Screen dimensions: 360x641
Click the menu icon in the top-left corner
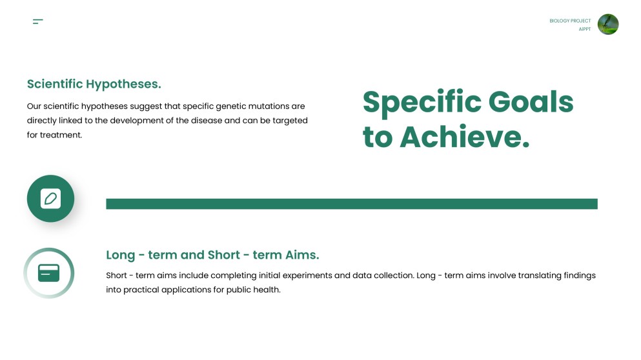point(38,21)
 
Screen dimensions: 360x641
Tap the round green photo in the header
point(608,25)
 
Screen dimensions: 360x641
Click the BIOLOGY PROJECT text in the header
point(570,21)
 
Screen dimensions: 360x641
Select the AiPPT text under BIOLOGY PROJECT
point(585,29)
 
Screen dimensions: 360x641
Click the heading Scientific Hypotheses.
point(94,84)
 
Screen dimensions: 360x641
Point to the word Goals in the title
point(531,102)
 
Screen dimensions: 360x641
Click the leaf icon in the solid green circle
point(50,199)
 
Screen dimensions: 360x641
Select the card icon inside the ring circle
point(49,273)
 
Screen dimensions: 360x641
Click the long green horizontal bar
point(351,204)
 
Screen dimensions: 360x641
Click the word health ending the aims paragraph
point(267,290)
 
